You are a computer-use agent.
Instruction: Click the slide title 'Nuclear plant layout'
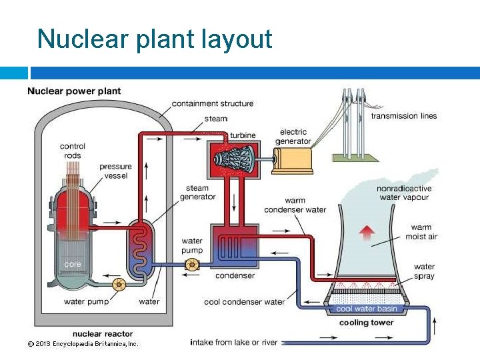tap(155, 39)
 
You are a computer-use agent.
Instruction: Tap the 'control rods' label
tap(72, 151)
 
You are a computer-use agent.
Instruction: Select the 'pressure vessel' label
tap(115, 171)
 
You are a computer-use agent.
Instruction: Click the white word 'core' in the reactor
tap(72, 264)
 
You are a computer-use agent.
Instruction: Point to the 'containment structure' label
tap(213, 103)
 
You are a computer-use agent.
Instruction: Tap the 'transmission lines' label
tap(404, 116)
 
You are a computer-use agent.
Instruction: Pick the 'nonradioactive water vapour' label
tap(404, 193)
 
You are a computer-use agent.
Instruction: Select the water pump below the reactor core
tap(119, 285)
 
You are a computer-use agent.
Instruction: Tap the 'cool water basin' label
tap(366, 309)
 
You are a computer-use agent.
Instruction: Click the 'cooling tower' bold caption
tap(366, 323)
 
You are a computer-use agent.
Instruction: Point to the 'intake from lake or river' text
tap(233, 343)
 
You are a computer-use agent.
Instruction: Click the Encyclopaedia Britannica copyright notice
tap(82, 344)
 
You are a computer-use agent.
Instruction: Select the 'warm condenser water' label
tap(295, 205)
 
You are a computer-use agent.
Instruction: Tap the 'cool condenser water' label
tap(244, 302)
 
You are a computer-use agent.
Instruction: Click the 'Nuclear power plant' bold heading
tap(74, 91)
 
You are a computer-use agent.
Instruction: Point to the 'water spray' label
tap(424, 271)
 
